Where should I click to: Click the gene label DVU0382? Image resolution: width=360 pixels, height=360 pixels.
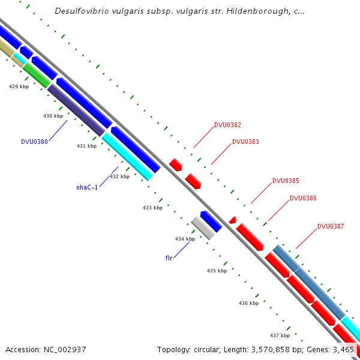click(227, 125)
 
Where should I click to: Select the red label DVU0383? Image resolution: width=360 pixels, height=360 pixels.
click(245, 142)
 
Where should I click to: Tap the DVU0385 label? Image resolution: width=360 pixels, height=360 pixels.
click(286, 181)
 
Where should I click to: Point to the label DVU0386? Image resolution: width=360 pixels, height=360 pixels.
click(303, 198)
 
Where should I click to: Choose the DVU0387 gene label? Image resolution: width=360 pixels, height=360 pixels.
click(331, 227)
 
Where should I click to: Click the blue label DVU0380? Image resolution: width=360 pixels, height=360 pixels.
click(34, 142)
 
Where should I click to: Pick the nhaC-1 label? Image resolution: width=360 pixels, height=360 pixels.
click(86, 188)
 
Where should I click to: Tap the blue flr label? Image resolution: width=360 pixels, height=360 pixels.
click(169, 258)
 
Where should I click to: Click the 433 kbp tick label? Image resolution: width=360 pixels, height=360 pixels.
click(152, 208)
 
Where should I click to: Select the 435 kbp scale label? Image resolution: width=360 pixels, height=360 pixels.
click(217, 271)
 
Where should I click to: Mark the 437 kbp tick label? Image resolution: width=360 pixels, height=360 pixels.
click(280, 335)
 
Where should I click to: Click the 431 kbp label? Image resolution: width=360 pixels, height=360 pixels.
click(86, 146)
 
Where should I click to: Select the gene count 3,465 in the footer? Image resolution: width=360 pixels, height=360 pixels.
click(343, 349)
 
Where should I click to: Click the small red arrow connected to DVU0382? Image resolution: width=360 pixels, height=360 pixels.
click(176, 164)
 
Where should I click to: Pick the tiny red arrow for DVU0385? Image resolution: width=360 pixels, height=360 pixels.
click(233, 220)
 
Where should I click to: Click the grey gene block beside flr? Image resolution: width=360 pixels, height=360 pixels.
click(202, 229)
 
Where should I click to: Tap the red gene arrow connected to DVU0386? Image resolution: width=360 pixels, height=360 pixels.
click(250, 237)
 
